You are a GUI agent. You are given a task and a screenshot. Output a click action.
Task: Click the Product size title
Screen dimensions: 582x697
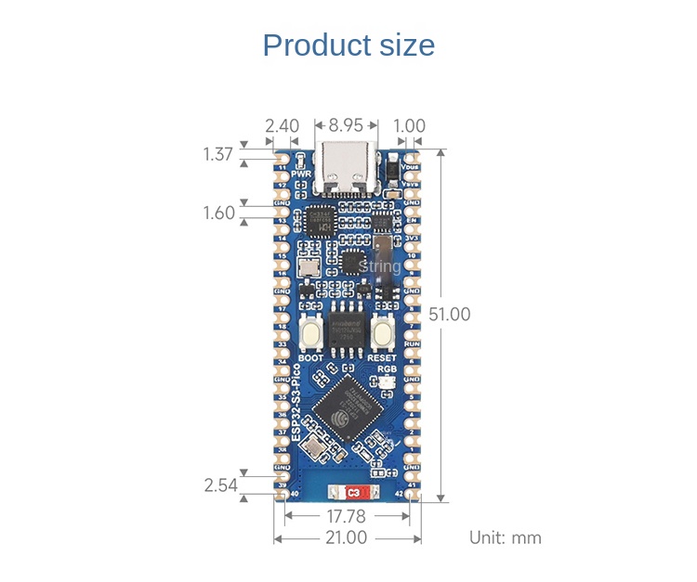pyautogui.click(x=348, y=45)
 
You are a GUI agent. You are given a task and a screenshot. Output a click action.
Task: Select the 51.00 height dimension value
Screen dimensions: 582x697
pyautogui.click(x=450, y=315)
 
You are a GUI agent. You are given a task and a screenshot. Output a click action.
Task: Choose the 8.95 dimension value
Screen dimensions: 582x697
pyautogui.click(x=347, y=124)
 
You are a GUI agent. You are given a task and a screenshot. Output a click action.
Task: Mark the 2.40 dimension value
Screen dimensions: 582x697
pyautogui.click(x=282, y=124)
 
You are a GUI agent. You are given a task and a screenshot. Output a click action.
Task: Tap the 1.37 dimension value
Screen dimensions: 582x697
pyautogui.click(x=217, y=154)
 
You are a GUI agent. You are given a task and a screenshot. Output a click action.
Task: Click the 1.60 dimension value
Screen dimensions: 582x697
pyautogui.click(x=219, y=213)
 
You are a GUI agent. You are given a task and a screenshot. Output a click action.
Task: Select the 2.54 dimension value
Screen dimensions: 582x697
pyautogui.click(x=220, y=485)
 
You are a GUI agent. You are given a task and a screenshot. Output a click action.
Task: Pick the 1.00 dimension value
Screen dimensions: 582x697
pyautogui.click(x=409, y=124)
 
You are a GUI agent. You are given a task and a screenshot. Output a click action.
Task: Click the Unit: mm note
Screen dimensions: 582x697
pyautogui.click(x=505, y=537)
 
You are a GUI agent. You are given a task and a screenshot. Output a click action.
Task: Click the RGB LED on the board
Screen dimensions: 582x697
pyautogui.click(x=387, y=383)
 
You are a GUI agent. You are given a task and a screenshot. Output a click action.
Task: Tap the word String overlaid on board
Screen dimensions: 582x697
pyautogui.click(x=379, y=267)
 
